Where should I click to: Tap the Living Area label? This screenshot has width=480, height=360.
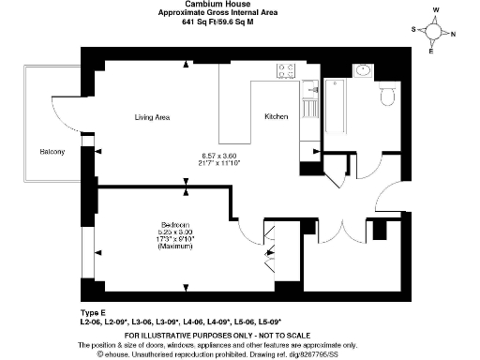151,117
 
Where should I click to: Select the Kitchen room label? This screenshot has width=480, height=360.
276,116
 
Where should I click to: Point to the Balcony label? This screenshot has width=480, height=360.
52,152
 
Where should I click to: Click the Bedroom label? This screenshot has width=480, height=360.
175,225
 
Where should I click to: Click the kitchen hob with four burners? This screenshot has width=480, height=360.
287,70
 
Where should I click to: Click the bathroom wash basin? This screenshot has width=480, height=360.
361,70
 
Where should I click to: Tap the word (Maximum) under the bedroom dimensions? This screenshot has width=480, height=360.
175,246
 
